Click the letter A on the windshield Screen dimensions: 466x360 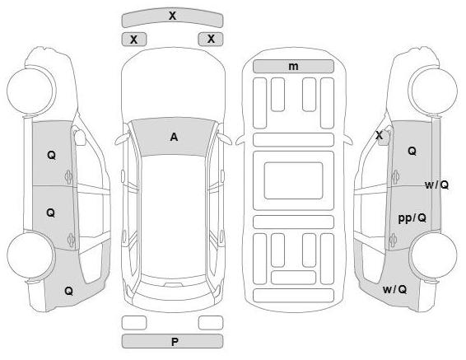pos(174,137)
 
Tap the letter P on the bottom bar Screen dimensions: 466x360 pos(175,342)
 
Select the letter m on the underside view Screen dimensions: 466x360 pos(293,67)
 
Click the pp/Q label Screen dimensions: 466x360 pos(412,218)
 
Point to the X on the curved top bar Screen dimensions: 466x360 pos(172,16)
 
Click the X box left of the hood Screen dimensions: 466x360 pos(134,40)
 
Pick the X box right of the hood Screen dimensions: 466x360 pos(211,39)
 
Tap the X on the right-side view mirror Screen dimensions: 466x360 pos(379,136)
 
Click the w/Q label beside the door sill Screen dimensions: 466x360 pos(436,185)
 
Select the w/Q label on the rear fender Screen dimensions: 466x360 pos(394,289)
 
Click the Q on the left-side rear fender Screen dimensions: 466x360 pos(68,291)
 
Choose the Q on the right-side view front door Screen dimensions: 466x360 pos(412,151)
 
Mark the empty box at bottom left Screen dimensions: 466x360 pos(134,323)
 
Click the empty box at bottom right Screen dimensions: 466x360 pos(211,323)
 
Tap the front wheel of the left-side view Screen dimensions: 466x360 pos(31,91)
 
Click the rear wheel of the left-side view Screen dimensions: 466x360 pos(31,255)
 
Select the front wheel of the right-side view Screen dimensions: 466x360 pos(433,91)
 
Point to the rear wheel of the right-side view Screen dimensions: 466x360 pos(433,255)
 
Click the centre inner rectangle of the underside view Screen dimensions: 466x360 pos(293,180)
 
